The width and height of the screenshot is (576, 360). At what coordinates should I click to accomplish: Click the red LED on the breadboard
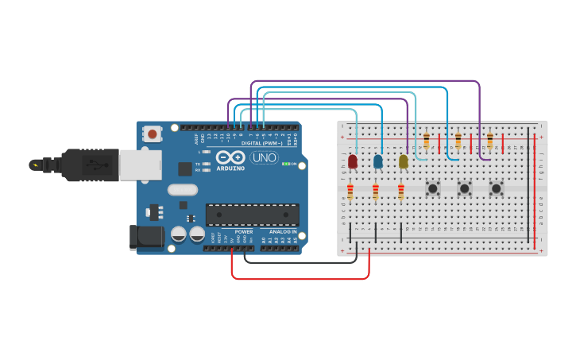352,161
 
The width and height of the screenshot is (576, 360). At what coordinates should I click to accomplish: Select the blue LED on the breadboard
377,161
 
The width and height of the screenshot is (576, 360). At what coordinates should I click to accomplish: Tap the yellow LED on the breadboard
403,161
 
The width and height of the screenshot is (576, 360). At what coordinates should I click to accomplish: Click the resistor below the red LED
350,192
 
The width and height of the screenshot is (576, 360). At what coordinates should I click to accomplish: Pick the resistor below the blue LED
376,192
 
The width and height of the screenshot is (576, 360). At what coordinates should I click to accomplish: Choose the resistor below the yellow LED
401,192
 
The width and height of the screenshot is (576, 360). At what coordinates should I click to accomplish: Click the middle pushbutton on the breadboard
465,188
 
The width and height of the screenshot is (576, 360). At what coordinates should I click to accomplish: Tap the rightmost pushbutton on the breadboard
497,188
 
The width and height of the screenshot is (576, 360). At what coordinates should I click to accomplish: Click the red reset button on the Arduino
152,134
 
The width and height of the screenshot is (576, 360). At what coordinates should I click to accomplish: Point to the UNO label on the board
265,157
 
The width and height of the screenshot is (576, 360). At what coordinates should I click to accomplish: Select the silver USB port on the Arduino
139,165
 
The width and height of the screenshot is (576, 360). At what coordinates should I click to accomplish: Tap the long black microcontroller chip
253,215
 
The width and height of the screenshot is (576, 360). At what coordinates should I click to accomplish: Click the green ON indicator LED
284,165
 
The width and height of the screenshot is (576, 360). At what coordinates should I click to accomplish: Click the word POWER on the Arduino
244,232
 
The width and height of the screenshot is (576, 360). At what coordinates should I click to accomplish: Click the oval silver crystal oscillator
183,190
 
